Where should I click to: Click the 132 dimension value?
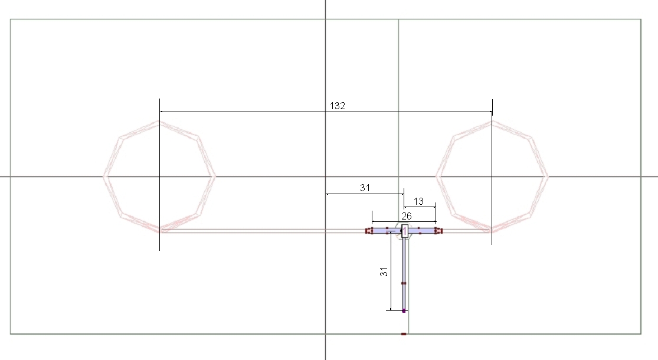338,106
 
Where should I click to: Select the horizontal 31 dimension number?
365,188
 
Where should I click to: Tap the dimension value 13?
418,201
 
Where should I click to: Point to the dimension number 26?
406,216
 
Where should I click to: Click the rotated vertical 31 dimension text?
384,271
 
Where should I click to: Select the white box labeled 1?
405,231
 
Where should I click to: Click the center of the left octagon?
159,176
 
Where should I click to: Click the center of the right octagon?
492,176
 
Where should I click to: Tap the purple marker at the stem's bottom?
404,310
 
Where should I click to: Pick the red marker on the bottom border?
404,334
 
